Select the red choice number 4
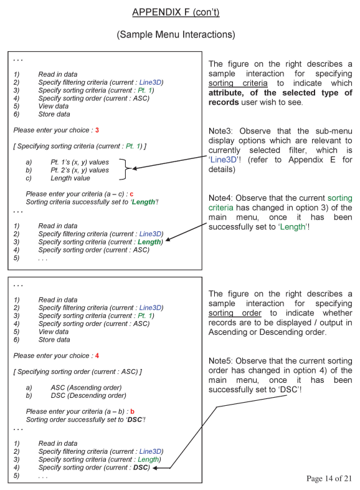coord(97,355)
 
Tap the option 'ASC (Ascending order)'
coord(87,387)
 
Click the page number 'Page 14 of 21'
coord(329,478)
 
